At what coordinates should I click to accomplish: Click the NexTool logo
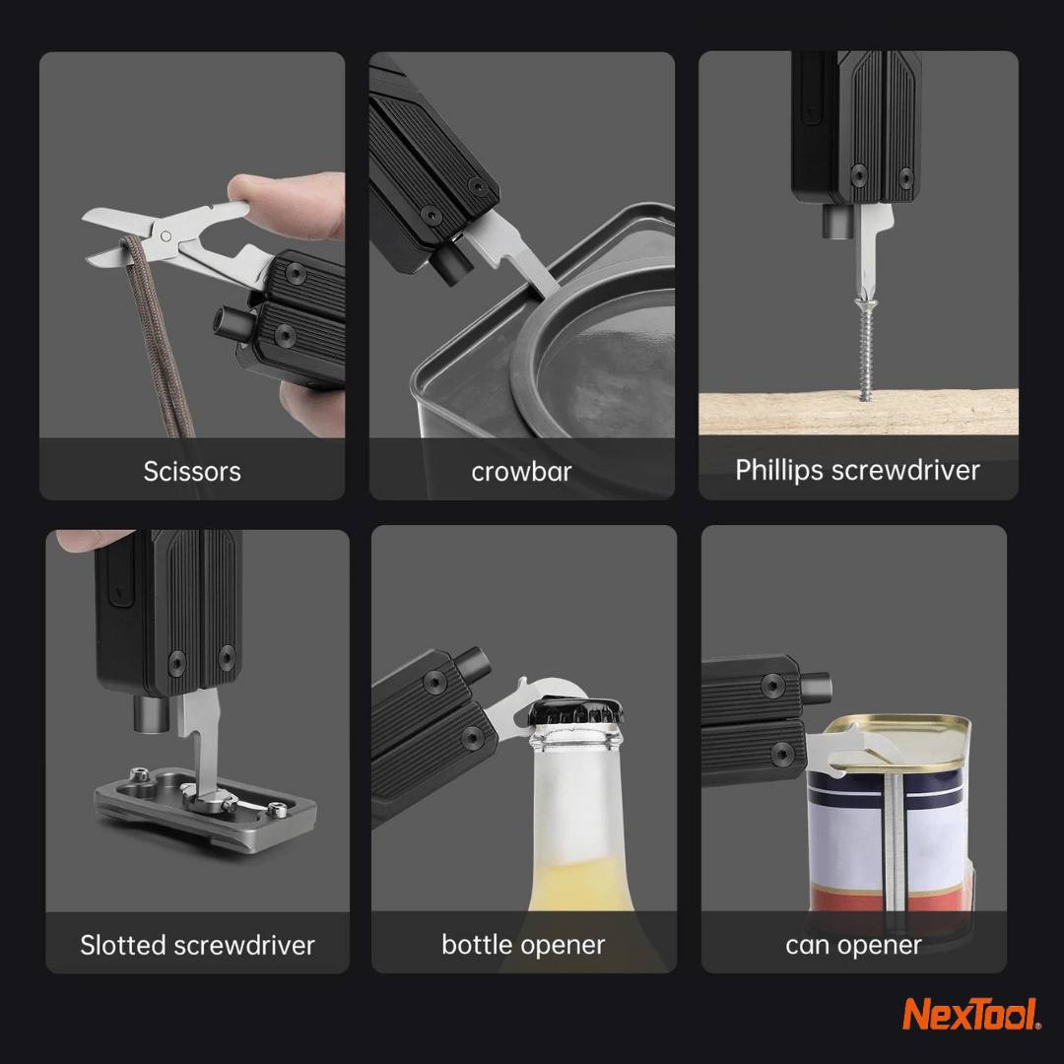(970, 1015)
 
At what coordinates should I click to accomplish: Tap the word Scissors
(192, 471)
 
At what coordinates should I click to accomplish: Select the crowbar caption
(521, 472)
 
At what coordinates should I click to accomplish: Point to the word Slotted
(123, 945)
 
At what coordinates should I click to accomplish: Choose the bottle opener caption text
(523, 945)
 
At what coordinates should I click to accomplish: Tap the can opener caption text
(853, 945)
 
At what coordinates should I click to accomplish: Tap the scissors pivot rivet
(166, 236)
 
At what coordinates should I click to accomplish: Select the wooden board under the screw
(858, 412)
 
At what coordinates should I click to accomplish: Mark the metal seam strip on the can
(894, 841)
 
